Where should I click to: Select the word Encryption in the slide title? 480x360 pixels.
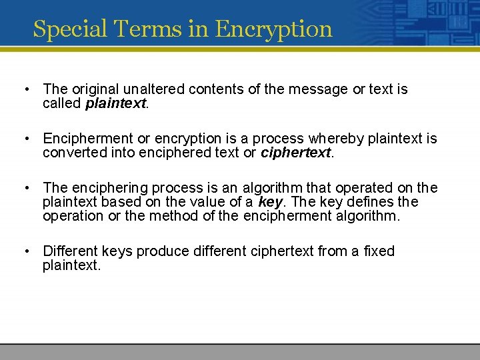(274, 29)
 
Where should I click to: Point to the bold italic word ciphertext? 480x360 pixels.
(295, 153)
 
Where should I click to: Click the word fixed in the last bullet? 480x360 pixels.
(379, 251)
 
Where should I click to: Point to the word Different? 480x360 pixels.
(70, 251)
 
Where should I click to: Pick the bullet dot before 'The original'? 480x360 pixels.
(25, 89)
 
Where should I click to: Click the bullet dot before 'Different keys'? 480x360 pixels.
(25, 251)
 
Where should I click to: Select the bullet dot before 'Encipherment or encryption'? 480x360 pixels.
(25, 139)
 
